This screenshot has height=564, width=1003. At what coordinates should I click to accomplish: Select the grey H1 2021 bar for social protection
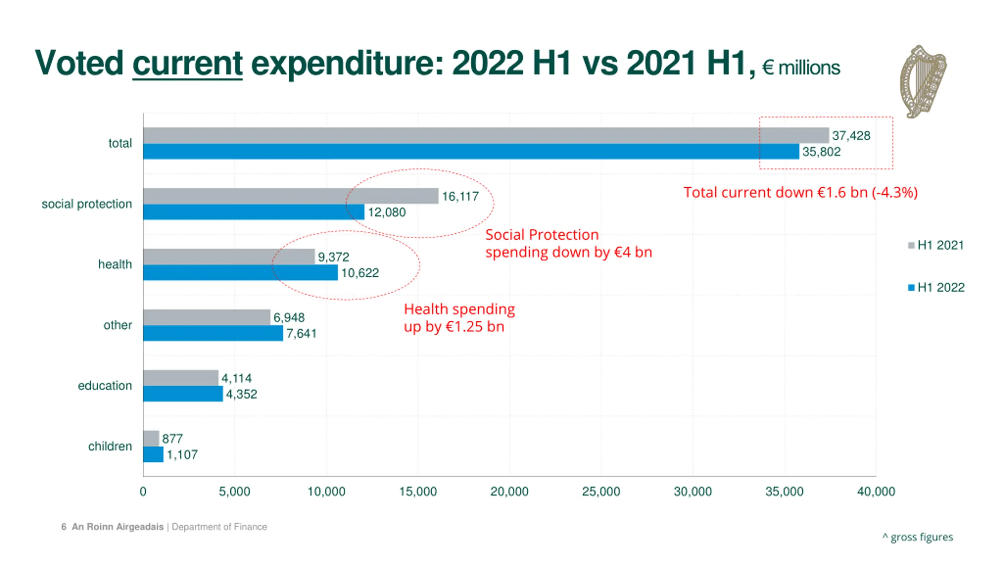[x=290, y=196]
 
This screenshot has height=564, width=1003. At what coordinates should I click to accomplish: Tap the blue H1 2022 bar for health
[x=240, y=273]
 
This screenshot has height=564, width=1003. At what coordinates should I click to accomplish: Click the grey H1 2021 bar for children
[x=151, y=438]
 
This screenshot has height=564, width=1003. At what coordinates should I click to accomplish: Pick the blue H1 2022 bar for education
[x=183, y=394]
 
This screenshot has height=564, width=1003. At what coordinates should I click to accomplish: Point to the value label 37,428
[x=851, y=136]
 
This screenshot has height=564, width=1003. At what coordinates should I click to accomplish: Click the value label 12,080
[x=387, y=212]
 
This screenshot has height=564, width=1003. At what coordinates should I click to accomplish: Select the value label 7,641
[x=301, y=333]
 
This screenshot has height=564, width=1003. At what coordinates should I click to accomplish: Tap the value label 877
[x=172, y=439]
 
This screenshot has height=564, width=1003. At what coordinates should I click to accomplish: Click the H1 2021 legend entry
[x=936, y=245]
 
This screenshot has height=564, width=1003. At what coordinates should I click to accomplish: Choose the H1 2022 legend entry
[x=936, y=287]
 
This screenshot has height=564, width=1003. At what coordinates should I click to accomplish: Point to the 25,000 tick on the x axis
[x=601, y=492]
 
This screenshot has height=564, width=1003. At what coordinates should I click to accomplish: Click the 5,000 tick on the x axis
[x=234, y=492]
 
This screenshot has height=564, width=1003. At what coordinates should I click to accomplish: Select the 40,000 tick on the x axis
[x=876, y=492]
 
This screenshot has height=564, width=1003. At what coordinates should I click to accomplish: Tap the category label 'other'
[x=118, y=325]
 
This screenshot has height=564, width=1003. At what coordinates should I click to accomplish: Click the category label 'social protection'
[x=87, y=204]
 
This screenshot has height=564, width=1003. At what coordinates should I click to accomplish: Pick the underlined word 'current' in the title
[x=187, y=63]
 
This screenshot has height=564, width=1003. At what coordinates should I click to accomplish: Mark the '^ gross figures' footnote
[x=918, y=537]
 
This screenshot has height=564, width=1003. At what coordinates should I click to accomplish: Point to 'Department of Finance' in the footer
[x=219, y=527]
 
